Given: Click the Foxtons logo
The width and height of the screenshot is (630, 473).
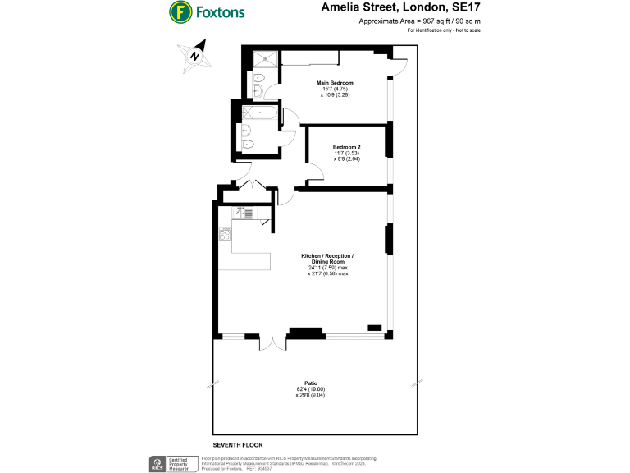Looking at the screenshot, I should click(x=207, y=12).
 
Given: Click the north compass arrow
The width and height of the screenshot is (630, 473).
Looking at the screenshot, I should click(x=194, y=56).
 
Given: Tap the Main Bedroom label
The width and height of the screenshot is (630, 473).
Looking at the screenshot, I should click(x=335, y=83).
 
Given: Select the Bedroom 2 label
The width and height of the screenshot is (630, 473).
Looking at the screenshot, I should click(x=347, y=147).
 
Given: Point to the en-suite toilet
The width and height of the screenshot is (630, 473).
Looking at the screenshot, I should click(x=258, y=91).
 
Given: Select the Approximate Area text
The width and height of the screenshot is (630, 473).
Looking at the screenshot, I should click(x=420, y=21).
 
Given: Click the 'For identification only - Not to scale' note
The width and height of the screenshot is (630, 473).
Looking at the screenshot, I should click(x=444, y=30).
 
